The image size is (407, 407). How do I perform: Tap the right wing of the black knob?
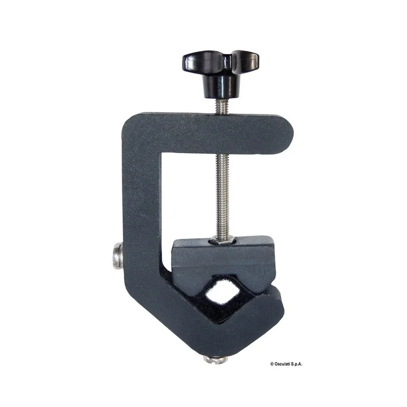coord(245,60)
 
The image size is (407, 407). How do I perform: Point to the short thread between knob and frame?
coord(222,106)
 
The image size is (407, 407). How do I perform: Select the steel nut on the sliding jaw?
coord(222,241)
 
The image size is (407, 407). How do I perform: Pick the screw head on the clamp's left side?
coord(118,256)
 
